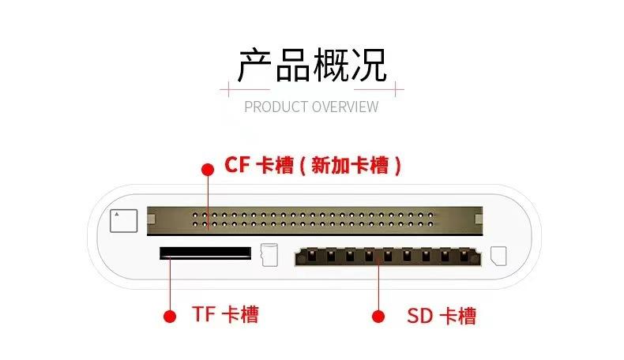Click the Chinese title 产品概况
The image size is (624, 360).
(x=312, y=66)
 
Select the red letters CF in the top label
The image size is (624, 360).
(x=237, y=165)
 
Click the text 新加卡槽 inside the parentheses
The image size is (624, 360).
(x=350, y=166)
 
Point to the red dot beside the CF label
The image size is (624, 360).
(x=208, y=169)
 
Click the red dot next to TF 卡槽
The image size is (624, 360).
(x=169, y=316)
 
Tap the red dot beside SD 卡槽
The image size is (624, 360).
(x=378, y=317)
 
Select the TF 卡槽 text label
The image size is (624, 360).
(x=225, y=314)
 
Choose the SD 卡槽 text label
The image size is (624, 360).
(x=442, y=316)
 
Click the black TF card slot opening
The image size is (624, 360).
(x=205, y=253)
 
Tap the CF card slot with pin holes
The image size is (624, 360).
(x=314, y=220)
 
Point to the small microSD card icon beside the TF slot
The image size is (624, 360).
(x=269, y=254)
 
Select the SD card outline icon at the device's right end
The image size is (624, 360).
(x=498, y=257)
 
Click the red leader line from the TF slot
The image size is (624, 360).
(x=169, y=284)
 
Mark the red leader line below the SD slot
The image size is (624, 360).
(x=378, y=288)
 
